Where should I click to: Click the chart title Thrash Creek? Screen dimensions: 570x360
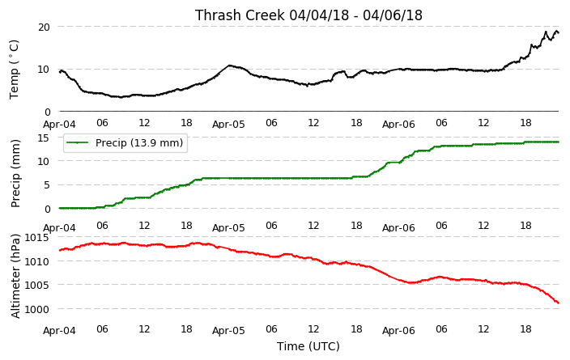[x=240, y=15]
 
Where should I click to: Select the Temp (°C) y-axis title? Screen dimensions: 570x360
[x=14, y=70]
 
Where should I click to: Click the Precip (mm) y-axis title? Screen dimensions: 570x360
[x=15, y=173]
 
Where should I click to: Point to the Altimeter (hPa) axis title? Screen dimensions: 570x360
[x=15, y=276]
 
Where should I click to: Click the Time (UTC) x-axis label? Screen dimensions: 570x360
[x=308, y=346]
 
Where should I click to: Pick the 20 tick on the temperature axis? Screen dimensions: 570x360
[x=44, y=27]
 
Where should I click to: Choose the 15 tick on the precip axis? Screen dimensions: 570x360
[x=44, y=138]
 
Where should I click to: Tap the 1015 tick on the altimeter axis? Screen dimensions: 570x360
[x=36, y=238]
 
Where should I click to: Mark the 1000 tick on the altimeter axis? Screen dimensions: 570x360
[x=36, y=309]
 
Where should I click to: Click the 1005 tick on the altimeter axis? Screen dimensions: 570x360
[x=36, y=285]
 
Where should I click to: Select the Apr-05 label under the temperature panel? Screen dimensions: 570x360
[x=228, y=125]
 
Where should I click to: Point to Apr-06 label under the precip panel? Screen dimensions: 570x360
[x=398, y=228]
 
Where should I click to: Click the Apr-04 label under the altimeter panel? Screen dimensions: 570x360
[x=59, y=331]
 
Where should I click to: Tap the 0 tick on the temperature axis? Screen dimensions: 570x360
[x=47, y=112]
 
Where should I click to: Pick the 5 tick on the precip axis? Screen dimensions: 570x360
[x=47, y=185]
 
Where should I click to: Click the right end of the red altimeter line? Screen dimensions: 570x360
[x=559, y=303]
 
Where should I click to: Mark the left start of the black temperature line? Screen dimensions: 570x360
[x=60, y=72]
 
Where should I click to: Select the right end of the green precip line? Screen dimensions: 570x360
[x=559, y=142]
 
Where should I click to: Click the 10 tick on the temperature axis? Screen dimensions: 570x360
[x=44, y=70]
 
